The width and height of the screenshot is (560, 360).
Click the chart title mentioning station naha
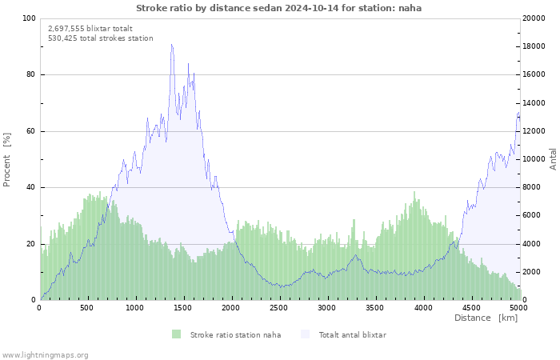point(278,8)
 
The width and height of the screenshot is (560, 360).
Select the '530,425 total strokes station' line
point(100,38)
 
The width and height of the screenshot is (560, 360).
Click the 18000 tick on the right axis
point(534,46)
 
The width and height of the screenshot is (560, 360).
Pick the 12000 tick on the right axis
point(534,131)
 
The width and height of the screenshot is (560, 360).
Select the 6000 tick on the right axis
point(531,216)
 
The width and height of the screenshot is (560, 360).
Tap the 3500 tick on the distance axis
point(374,308)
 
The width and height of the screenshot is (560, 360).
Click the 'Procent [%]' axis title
point(7,159)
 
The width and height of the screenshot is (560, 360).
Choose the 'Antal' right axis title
point(554,158)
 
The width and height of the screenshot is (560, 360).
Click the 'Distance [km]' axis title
point(486,318)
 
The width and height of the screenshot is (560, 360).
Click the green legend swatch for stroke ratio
point(176,334)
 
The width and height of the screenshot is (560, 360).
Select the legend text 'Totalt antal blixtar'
point(352,334)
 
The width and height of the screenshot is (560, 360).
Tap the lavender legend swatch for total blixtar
point(305,334)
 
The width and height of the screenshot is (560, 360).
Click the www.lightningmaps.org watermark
point(45,354)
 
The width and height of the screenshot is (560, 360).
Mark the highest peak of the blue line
point(171,45)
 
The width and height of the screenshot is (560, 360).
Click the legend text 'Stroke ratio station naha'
point(235,334)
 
